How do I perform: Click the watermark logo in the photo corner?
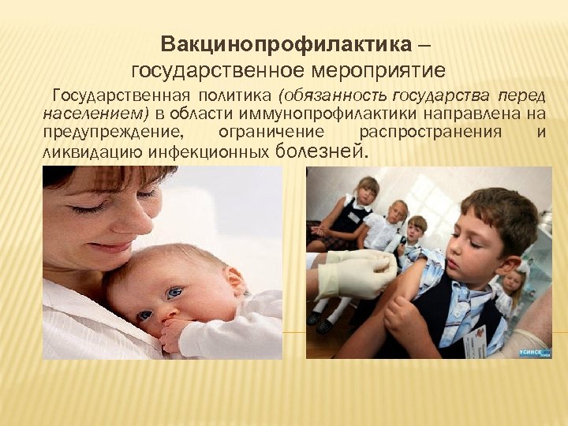(534, 352)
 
